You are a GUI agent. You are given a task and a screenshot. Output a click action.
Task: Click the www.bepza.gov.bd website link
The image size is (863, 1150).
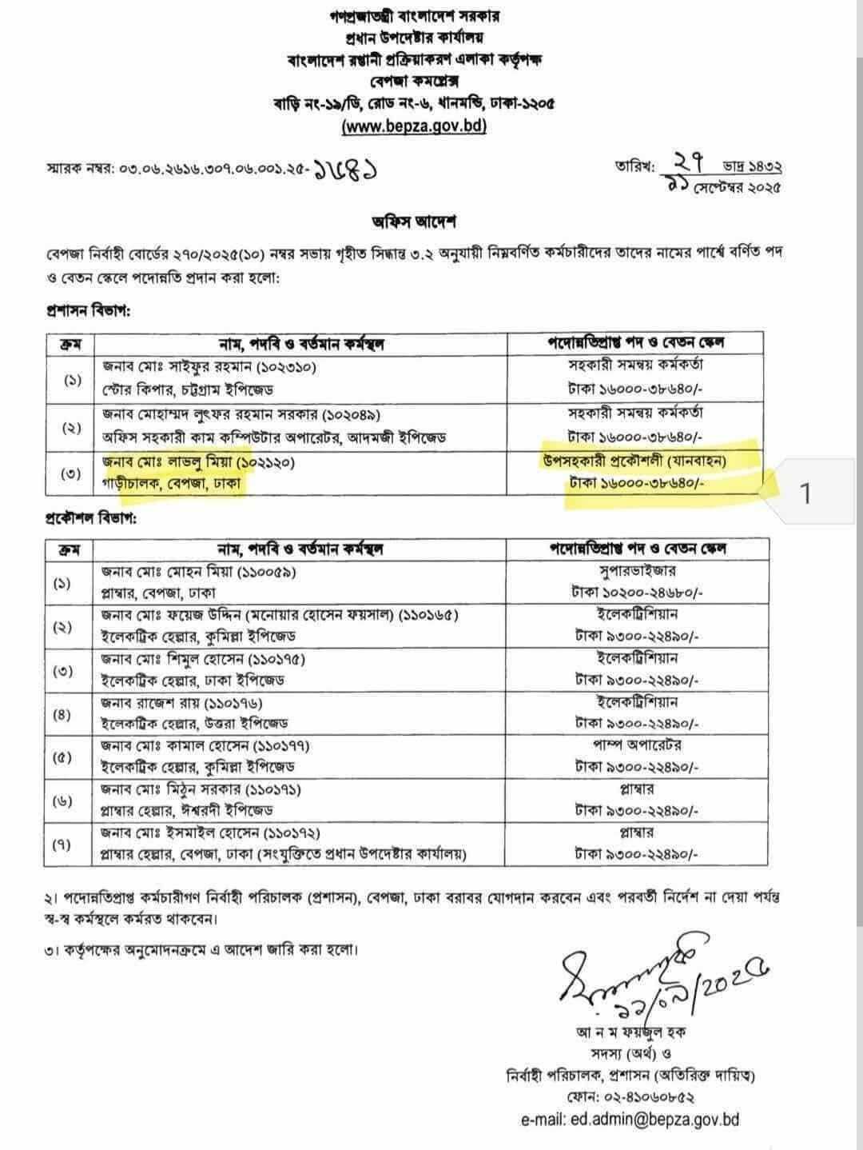[414, 126]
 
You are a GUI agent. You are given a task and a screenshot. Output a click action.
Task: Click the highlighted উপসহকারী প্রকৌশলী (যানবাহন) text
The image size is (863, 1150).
[635, 460]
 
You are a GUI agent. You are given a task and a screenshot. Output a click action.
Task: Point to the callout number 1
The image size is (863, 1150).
[805, 494]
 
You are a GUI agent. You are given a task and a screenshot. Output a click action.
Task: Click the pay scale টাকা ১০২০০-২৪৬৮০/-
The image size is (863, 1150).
[637, 593]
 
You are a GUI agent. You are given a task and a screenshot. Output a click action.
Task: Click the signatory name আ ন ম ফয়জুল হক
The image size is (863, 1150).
[631, 1032]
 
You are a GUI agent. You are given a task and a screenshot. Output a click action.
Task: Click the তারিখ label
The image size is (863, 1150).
[634, 167]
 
